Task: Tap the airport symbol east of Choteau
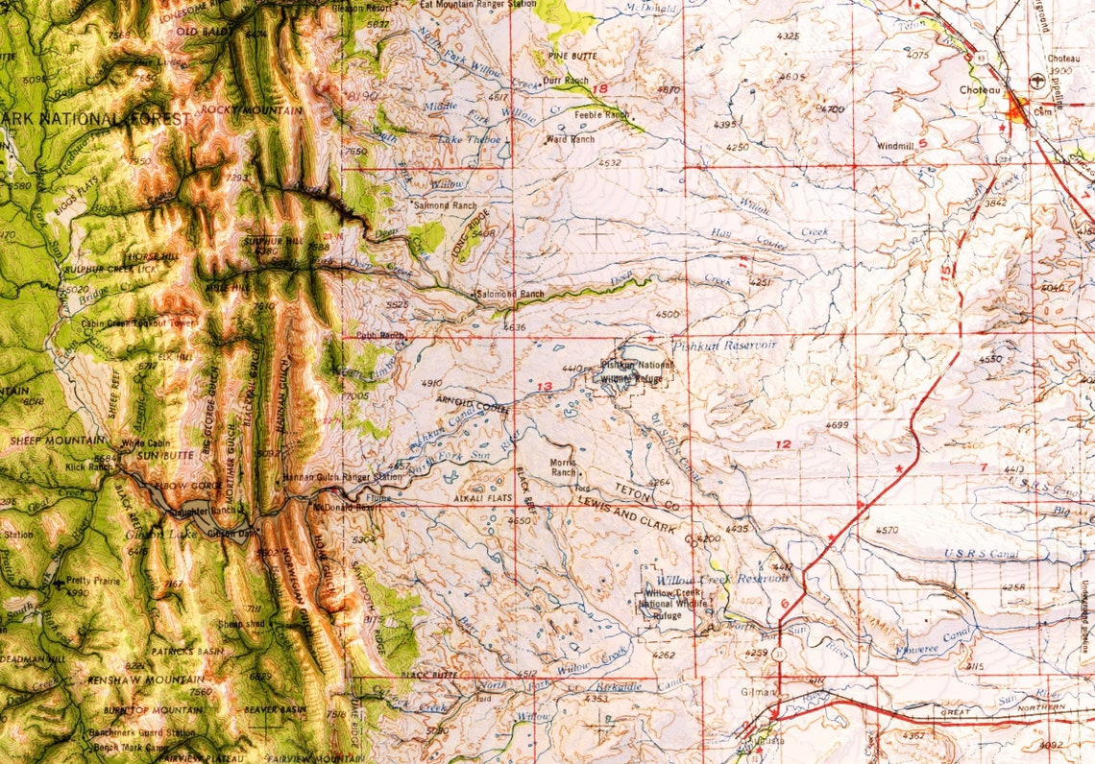[1035, 82]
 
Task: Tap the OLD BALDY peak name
[201, 32]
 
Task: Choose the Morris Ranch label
[564, 467]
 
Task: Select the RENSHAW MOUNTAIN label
[135, 679]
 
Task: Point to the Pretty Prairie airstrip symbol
[61, 582]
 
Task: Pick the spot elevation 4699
[837, 424]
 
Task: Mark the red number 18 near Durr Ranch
[601, 88]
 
